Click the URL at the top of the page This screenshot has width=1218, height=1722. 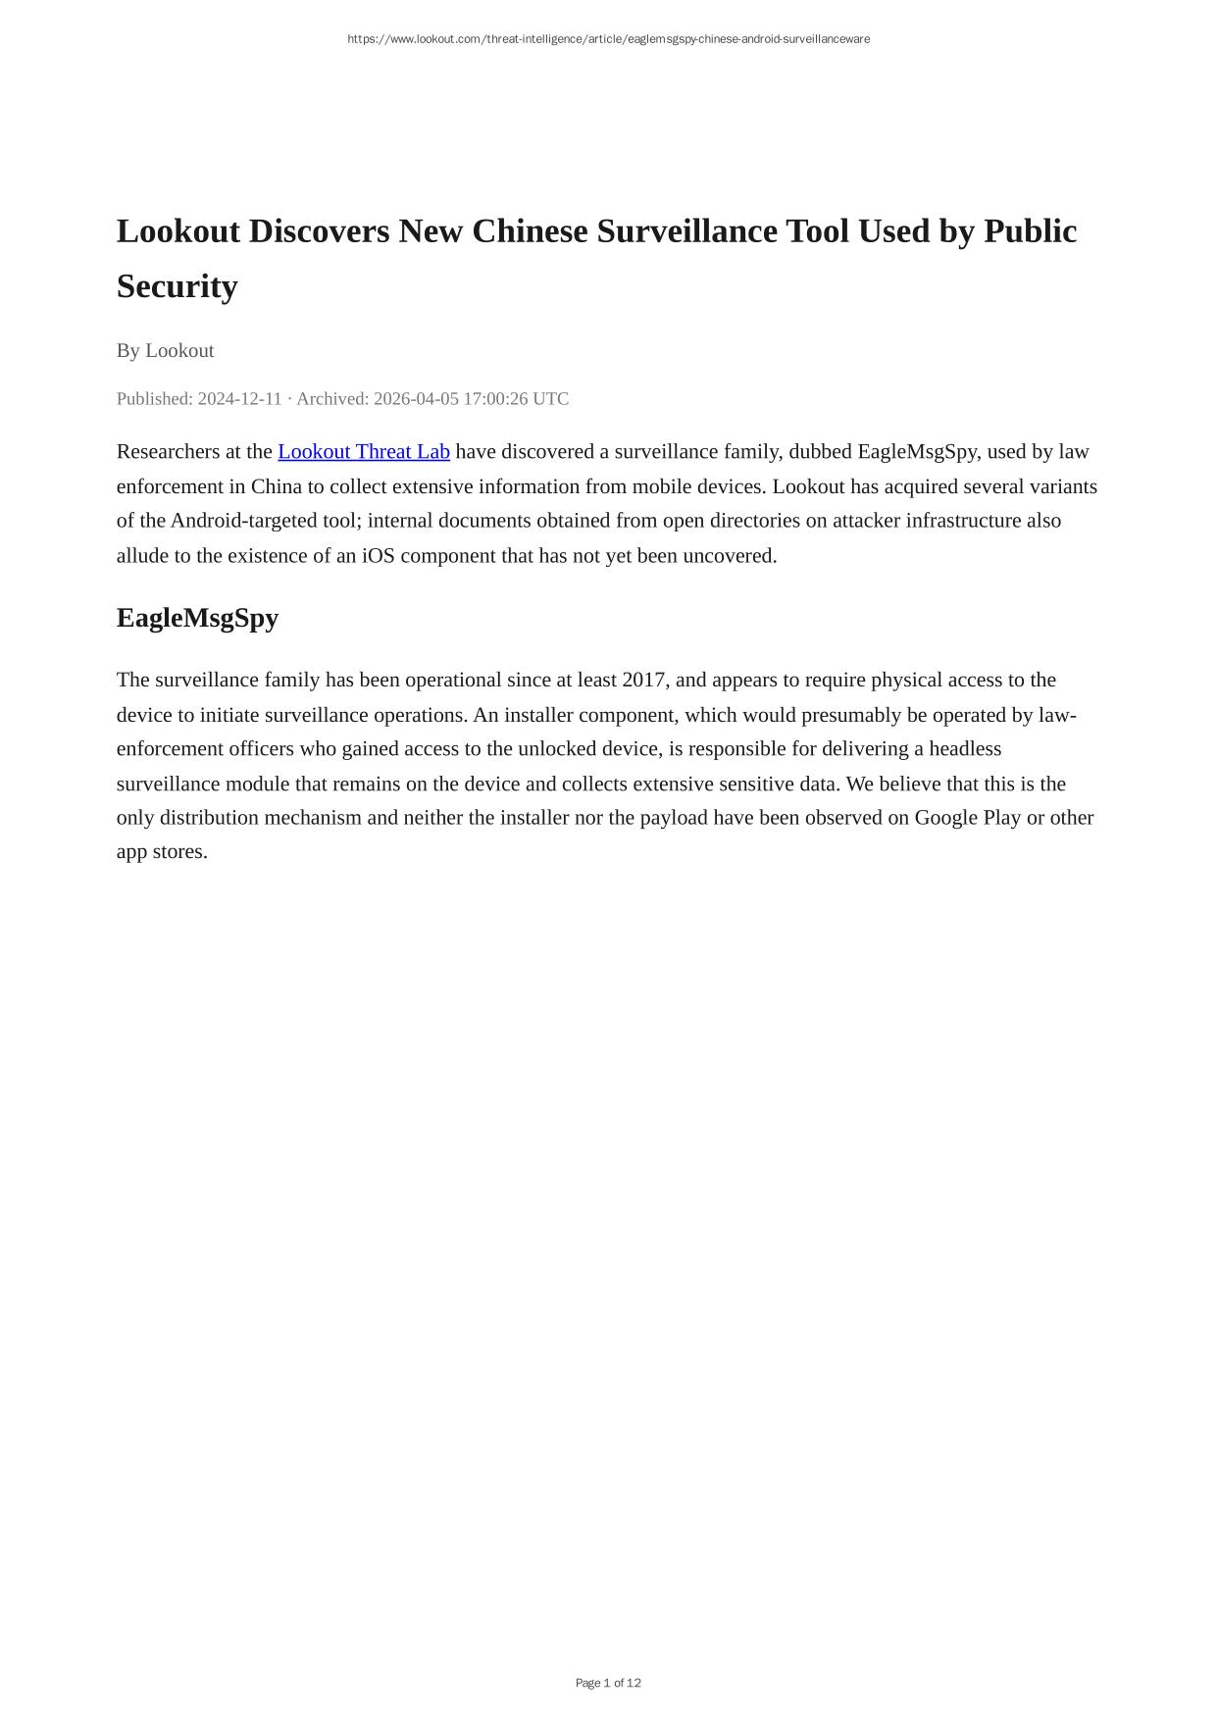608,39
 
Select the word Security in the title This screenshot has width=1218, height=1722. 177,286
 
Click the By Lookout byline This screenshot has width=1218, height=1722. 165,350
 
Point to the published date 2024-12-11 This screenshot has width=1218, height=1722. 239,398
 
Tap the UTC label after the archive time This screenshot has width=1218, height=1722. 550,398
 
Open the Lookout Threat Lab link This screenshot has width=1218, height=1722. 364,451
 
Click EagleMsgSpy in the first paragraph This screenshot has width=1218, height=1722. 916,451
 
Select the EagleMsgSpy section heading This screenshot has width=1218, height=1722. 197,618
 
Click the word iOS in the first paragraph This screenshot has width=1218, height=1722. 379,555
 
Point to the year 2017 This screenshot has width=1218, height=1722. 643,680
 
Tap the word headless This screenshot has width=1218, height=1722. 965,748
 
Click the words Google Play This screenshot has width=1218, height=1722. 968,817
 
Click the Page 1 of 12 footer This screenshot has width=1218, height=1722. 608,1683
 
